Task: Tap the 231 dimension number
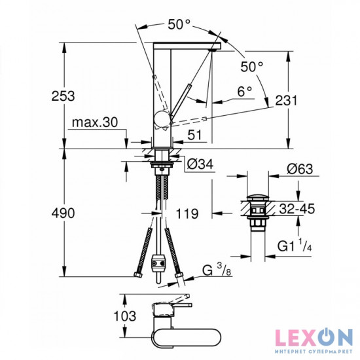point(287,101)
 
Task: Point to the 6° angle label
point(244,93)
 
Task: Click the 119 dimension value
point(188,213)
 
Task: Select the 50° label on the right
point(252,66)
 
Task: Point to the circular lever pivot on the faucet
point(160,118)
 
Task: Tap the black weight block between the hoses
point(157,264)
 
